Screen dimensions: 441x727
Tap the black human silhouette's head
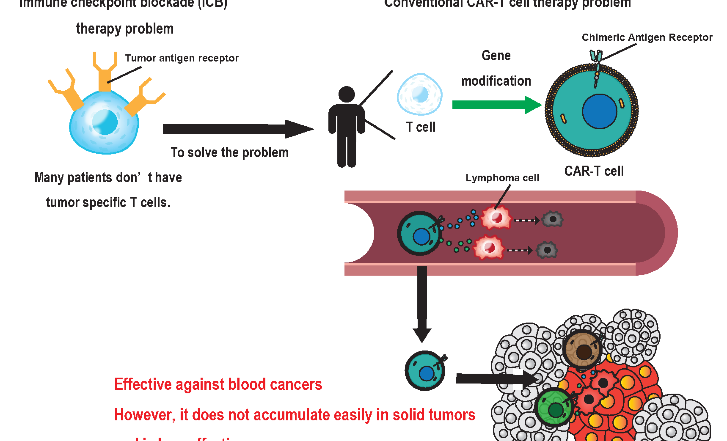pyautogui.click(x=347, y=94)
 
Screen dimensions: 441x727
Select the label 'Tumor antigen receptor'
pyautogui.click(x=182, y=58)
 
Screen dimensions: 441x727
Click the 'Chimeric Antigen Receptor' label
pyautogui.click(x=647, y=37)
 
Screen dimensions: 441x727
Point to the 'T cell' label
pyautogui.click(x=421, y=127)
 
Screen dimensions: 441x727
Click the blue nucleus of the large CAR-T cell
pyautogui.click(x=599, y=111)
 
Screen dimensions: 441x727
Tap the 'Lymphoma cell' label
pyautogui.click(x=502, y=178)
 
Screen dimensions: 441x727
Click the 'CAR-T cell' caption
pyautogui.click(x=594, y=171)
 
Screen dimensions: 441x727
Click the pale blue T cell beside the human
pyautogui.click(x=420, y=94)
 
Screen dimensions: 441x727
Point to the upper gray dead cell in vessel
pyautogui.click(x=552, y=219)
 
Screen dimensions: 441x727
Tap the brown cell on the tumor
pyautogui.click(x=582, y=349)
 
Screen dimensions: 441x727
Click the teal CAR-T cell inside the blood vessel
pyautogui.click(x=420, y=233)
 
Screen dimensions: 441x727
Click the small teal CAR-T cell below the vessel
pyautogui.click(x=425, y=371)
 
